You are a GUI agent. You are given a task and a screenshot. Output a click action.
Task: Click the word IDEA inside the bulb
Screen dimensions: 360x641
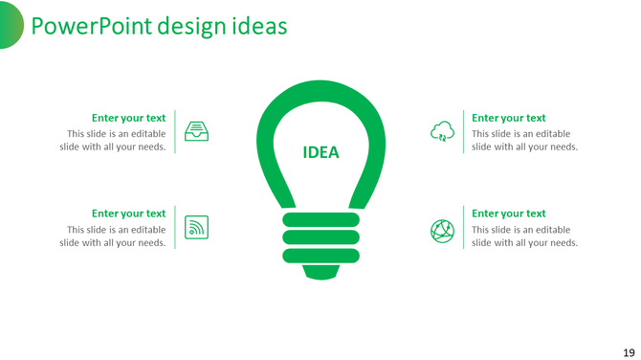click(320, 153)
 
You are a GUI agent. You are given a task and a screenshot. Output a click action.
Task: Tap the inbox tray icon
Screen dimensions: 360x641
click(196, 132)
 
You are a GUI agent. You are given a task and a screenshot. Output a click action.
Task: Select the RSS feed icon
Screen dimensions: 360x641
click(196, 228)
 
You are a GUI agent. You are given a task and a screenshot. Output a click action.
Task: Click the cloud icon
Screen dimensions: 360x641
click(442, 132)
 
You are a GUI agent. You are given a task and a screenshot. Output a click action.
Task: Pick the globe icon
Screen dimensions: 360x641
click(442, 230)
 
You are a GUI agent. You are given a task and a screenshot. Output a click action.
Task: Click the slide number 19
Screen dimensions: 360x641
click(628, 351)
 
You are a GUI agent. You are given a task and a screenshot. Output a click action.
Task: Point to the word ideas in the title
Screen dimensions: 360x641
click(259, 26)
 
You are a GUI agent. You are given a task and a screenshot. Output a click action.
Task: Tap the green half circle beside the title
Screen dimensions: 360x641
click(11, 24)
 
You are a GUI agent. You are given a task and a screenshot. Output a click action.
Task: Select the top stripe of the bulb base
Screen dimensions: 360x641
click(320, 220)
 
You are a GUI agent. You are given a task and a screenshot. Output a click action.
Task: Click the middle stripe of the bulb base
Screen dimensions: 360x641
click(320, 237)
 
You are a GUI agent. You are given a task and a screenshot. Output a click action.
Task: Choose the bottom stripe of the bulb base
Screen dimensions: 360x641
click(320, 255)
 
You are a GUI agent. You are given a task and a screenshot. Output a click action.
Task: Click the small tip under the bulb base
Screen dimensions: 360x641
click(320, 272)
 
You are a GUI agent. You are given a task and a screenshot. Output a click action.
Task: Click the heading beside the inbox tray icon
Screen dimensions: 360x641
click(128, 119)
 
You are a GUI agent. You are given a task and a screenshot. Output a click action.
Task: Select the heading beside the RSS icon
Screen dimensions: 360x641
click(128, 214)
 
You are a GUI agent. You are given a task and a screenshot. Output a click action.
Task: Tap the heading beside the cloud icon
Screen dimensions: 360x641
click(509, 119)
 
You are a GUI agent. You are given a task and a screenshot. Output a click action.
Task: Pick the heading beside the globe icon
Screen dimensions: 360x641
click(509, 214)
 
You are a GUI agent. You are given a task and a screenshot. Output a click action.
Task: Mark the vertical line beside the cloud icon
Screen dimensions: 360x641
click(464, 132)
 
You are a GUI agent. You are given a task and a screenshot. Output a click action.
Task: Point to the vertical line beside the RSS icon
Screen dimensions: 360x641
click(175, 228)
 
